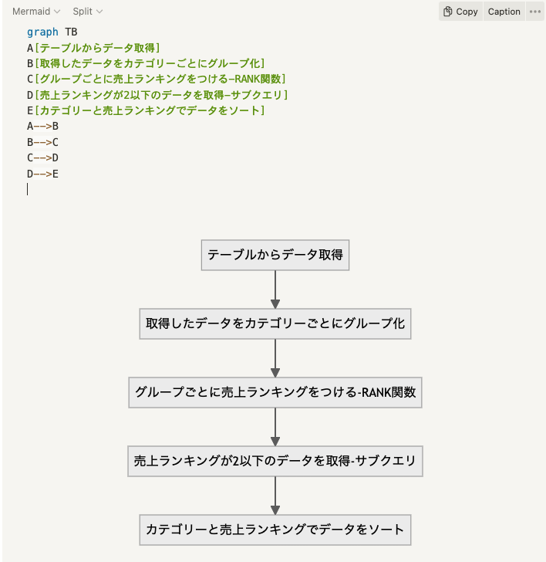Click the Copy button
461,12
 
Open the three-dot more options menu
535,12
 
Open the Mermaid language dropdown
36,12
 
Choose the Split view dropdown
88,12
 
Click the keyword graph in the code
42,32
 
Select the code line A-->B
42,126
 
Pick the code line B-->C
42,142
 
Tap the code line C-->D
42,157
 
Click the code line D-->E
42,174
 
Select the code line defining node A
93,48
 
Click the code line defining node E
146,110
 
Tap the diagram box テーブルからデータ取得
275,255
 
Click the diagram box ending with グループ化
275,323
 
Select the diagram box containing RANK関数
275,392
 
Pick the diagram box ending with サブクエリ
275,462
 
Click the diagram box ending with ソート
275,530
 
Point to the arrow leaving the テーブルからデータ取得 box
275,289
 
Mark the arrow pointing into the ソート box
275,496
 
